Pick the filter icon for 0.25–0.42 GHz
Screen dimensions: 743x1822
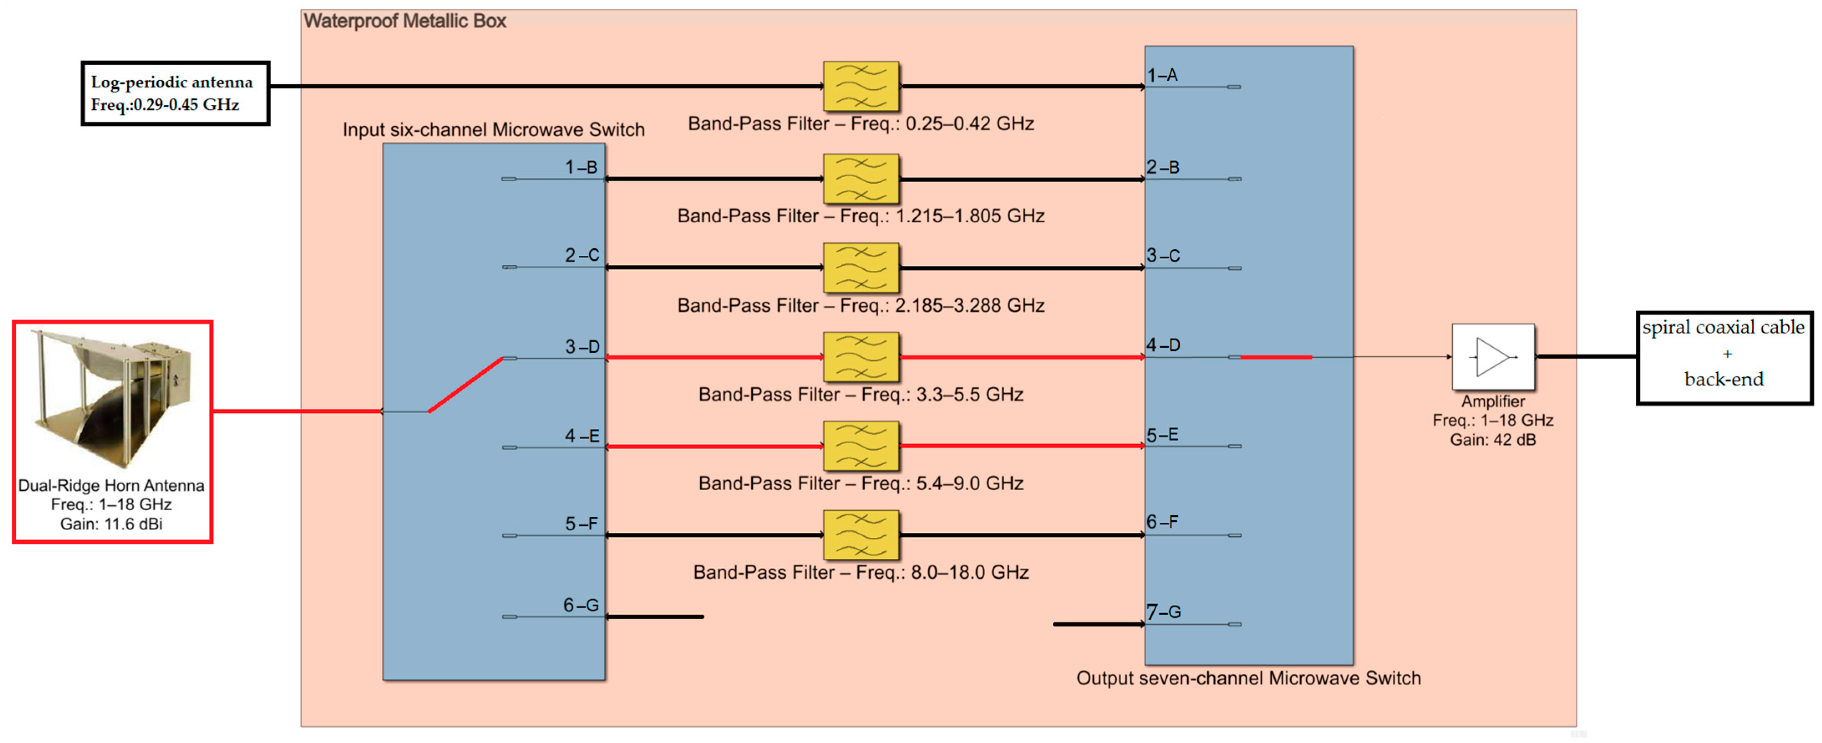[861, 87]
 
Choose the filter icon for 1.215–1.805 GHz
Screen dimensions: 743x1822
[861, 179]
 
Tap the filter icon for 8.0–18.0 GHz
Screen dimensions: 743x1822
[861, 535]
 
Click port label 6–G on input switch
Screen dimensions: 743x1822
[581, 605]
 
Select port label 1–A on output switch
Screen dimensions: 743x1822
[1162, 75]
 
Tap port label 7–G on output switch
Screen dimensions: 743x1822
[1163, 611]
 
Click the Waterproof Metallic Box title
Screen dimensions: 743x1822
[405, 21]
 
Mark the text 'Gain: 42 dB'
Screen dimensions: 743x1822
[1493, 440]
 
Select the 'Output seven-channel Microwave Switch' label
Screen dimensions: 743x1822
[1248, 678]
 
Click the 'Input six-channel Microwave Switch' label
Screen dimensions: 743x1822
[493, 130]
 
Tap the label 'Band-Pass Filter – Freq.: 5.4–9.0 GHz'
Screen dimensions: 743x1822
[860, 483]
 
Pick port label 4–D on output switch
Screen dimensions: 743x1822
[1163, 345]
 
